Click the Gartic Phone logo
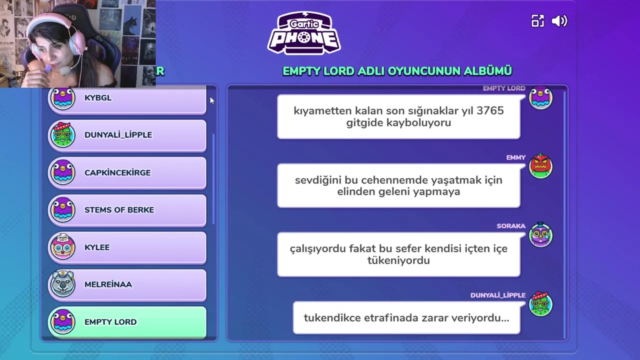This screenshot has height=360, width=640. (304, 33)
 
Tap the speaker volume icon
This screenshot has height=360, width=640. (559, 21)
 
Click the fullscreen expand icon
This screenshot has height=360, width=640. (537, 21)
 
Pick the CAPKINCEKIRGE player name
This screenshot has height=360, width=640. (117, 173)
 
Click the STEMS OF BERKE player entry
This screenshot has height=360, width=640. (127, 210)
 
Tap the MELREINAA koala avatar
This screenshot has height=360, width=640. (62, 283)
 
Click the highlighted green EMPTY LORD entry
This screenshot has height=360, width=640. (127, 322)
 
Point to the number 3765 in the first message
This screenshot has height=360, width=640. (490, 110)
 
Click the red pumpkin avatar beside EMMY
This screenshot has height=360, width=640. (540, 166)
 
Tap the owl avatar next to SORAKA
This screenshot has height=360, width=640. (540, 234)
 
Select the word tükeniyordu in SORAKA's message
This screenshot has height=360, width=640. (398, 260)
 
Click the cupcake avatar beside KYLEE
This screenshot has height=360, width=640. (62, 246)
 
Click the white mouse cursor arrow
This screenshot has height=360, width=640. (212, 100)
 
